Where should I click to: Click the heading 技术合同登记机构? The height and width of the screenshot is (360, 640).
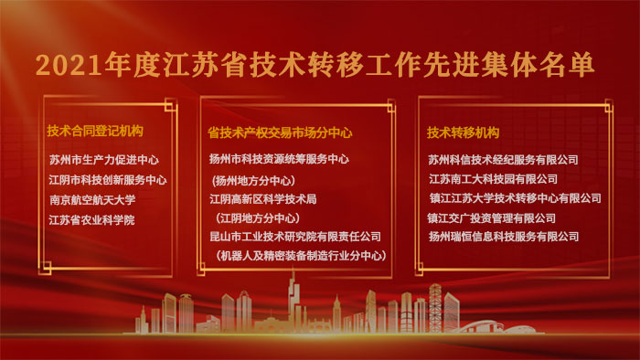tap(95, 132)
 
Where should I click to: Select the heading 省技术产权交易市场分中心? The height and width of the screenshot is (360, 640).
tap(281, 132)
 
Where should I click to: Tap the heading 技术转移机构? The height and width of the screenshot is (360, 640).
tap(463, 132)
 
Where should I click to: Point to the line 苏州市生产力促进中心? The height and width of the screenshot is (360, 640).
tap(104, 160)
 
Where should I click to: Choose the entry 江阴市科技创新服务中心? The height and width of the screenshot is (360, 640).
tap(108, 180)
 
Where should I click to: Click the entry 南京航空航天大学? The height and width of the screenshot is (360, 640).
tap(92, 200)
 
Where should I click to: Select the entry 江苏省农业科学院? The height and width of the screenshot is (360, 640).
tap(91, 220)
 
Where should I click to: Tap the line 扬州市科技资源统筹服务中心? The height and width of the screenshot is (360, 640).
tap(279, 159)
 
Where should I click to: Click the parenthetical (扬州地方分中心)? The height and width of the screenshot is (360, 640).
tap(254, 180)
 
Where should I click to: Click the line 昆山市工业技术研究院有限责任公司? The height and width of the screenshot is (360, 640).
tap(294, 237)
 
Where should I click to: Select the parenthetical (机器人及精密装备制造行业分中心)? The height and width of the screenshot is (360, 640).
tap(299, 257)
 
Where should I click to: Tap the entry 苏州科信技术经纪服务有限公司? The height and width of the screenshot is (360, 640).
tap(503, 160)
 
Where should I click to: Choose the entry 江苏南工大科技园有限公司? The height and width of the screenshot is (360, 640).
tap(493, 180)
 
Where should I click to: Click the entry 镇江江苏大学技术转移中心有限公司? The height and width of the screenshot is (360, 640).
tap(515, 198)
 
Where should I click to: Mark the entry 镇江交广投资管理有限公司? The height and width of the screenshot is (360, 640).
tap(491, 218)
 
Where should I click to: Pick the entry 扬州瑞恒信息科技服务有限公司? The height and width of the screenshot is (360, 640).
tap(504, 237)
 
